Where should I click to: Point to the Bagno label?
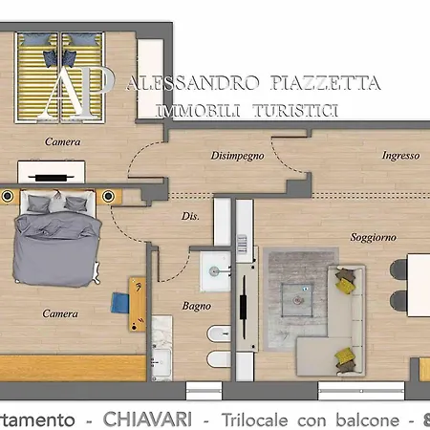(196, 307)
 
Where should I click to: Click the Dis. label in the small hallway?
(189, 217)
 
